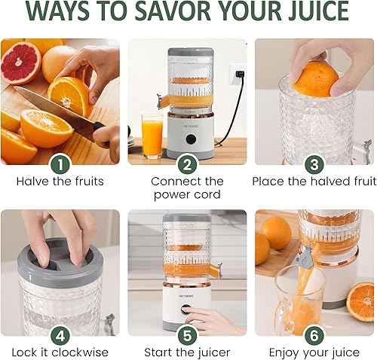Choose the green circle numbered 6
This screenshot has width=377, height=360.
click(x=314, y=334)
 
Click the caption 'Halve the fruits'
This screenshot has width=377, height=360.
click(x=60, y=182)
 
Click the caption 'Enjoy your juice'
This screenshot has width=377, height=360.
click(x=314, y=352)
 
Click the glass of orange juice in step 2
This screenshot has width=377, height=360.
click(x=152, y=136)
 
